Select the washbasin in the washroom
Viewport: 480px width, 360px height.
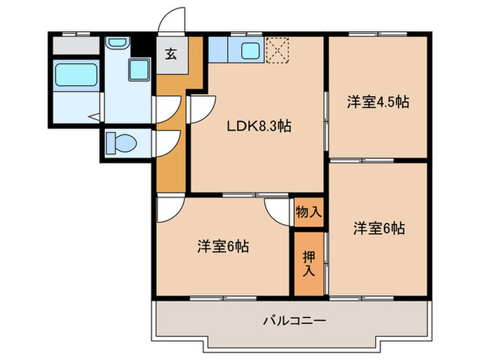pyautogui.click(x=117, y=43)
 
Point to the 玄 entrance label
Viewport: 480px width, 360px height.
pyautogui.click(x=170, y=55)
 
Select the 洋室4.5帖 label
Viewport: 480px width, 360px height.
pyautogui.click(x=377, y=102)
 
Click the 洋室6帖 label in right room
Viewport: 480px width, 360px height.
pyautogui.click(x=379, y=228)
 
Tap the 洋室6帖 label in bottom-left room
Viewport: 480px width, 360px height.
pyautogui.click(x=222, y=246)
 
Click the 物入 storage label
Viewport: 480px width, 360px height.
pyautogui.click(x=308, y=211)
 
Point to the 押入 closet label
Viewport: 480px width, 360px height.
pyautogui.click(x=308, y=264)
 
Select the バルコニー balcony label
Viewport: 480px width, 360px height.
pyautogui.click(x=293, y=320)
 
